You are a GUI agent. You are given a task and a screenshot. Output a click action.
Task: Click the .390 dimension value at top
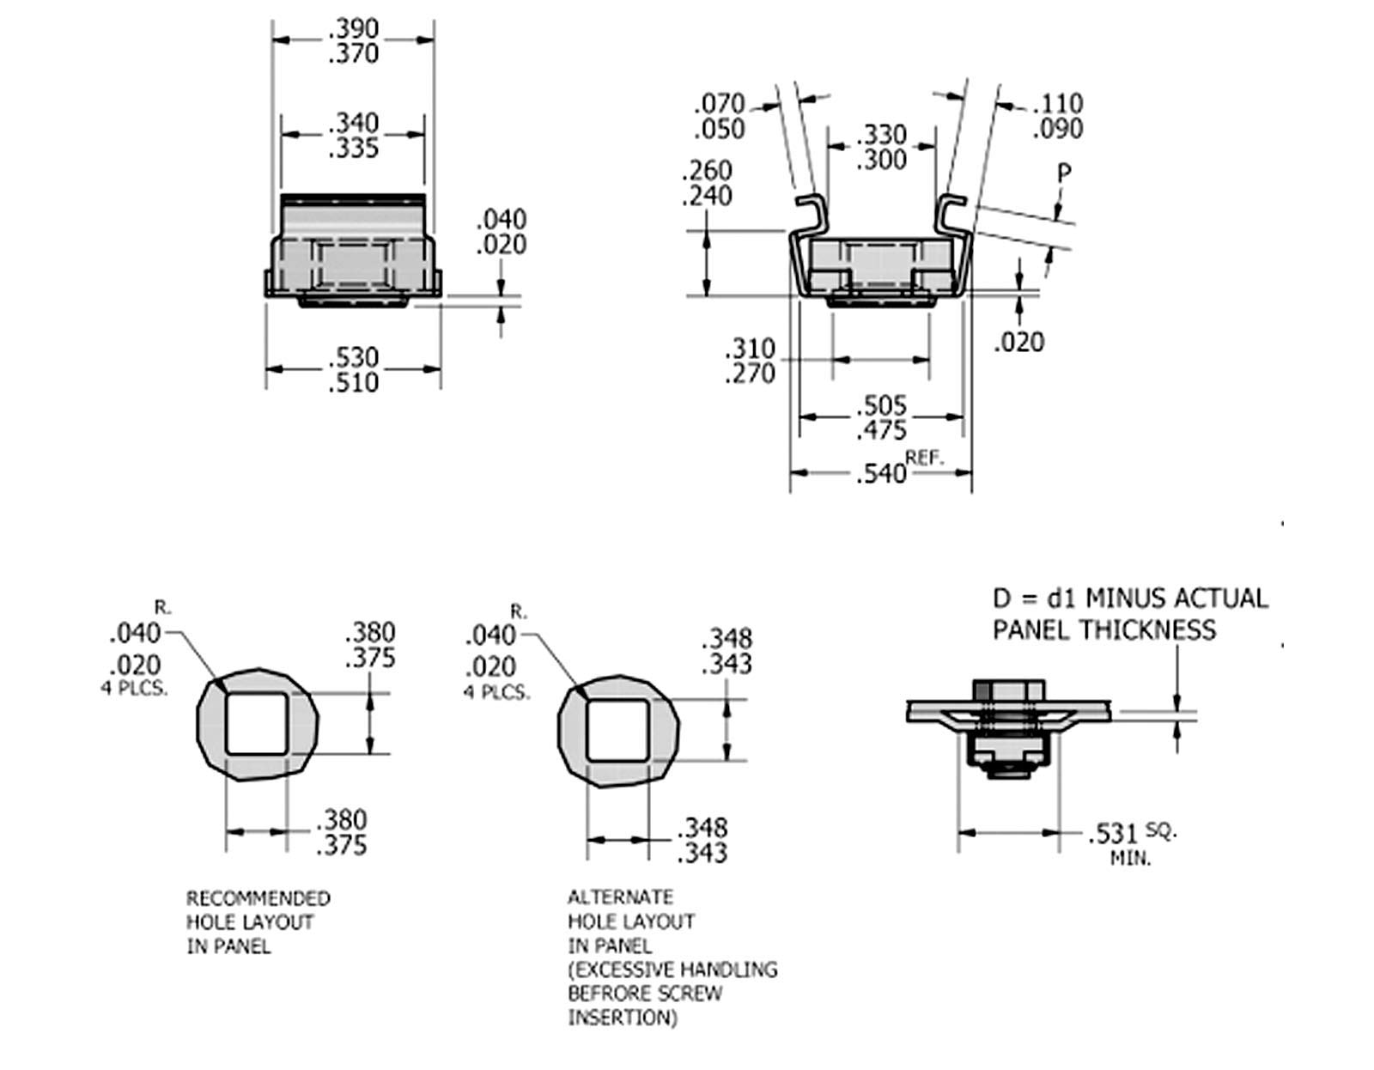(x=353, y=29)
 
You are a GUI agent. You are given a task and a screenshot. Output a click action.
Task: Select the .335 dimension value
(x=353, y=149)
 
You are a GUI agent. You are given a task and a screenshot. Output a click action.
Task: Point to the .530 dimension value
(x=353, y=356)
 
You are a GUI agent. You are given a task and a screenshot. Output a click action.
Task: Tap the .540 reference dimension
(x=881, y=473)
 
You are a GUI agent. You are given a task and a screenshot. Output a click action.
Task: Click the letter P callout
(x=1064, y=173)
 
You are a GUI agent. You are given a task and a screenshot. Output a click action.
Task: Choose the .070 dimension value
(x=720, y=105)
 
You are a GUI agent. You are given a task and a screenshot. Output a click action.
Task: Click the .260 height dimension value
(x=706, y=170)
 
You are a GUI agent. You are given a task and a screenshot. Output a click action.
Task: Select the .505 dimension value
(x=881, y=405)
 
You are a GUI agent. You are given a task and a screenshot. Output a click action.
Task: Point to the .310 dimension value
(x=750, y=349)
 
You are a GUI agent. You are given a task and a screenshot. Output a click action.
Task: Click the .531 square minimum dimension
(x=1112, y=834)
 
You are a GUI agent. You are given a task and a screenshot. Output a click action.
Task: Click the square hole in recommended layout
(x=256, y=723)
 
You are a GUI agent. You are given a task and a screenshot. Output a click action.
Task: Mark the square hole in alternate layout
(x=617, y=730)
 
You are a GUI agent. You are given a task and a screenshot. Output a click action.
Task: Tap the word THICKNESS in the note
(x=1147, y=629)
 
